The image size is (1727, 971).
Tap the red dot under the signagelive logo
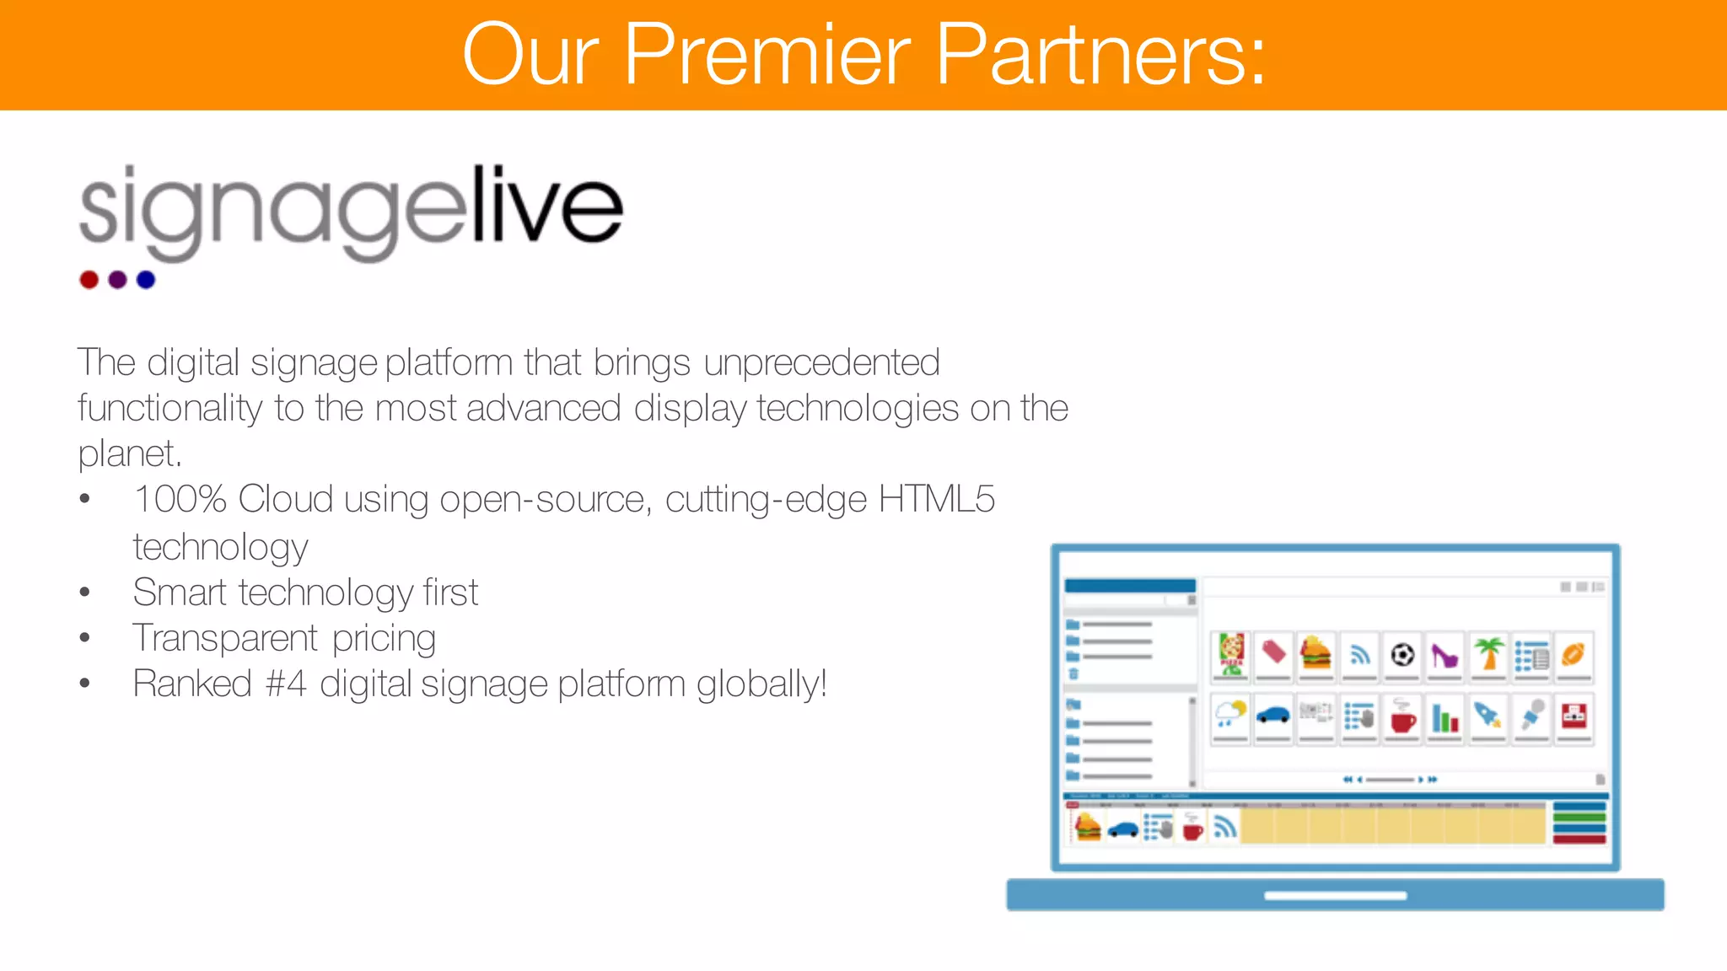click(89, 280)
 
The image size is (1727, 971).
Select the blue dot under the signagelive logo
click(146, 280)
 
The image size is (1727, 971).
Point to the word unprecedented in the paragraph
click(821, 363)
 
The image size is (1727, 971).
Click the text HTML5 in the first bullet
click(936, 499)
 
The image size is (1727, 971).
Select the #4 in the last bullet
click(285, 684)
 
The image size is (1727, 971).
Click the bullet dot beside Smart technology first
click(84, 593)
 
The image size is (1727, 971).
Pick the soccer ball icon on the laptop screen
click(1402, 654)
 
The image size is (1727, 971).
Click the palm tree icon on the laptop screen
click(1488, 654)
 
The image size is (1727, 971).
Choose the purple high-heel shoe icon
click(1445, 655)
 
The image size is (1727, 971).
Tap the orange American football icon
click(1574, 654)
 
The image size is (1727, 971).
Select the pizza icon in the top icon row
click(1231, 654)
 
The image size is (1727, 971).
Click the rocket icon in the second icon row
click(1488, 716)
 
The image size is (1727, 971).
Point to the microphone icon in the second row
click(1531, 716)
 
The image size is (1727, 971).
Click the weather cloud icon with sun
click(1230, 715)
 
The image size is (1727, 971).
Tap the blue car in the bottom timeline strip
click(1123, 829)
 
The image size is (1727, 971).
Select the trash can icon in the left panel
click(1073, 673)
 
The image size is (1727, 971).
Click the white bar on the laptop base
click(1335, 896)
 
